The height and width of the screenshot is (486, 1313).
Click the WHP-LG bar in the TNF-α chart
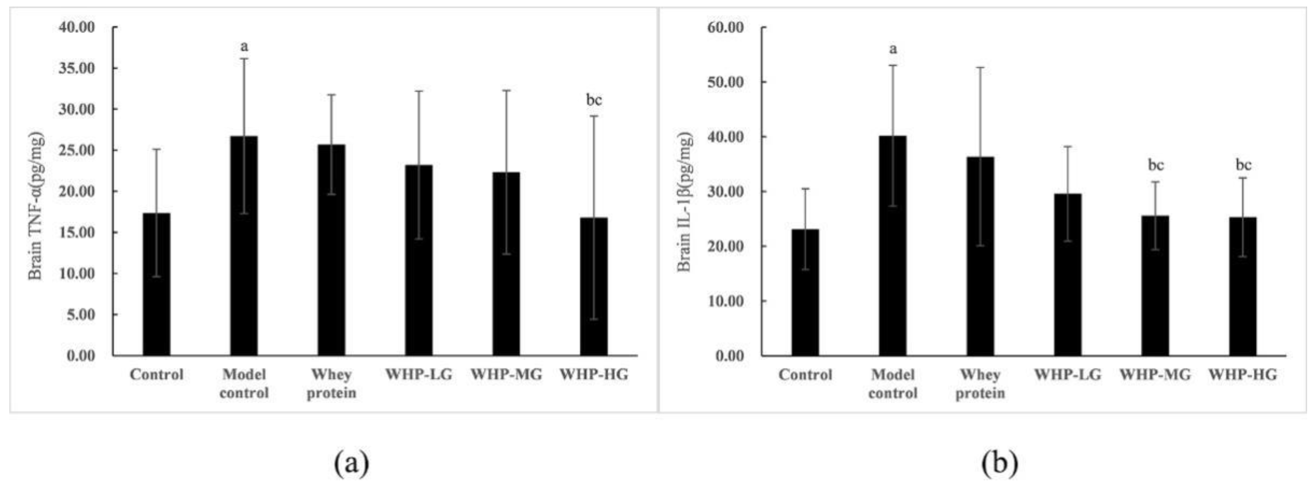coord(419,260)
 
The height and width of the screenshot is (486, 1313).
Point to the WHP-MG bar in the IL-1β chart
coord(1155,285)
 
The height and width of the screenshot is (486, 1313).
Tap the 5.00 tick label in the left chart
coord(81,315)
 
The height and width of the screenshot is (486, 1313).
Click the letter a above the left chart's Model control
coord(244,47)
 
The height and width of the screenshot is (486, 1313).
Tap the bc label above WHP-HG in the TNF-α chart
coord(594,100)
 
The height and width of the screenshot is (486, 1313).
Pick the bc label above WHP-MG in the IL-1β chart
coord(1155,165)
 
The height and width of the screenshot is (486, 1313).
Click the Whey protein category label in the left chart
coord(331,384)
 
